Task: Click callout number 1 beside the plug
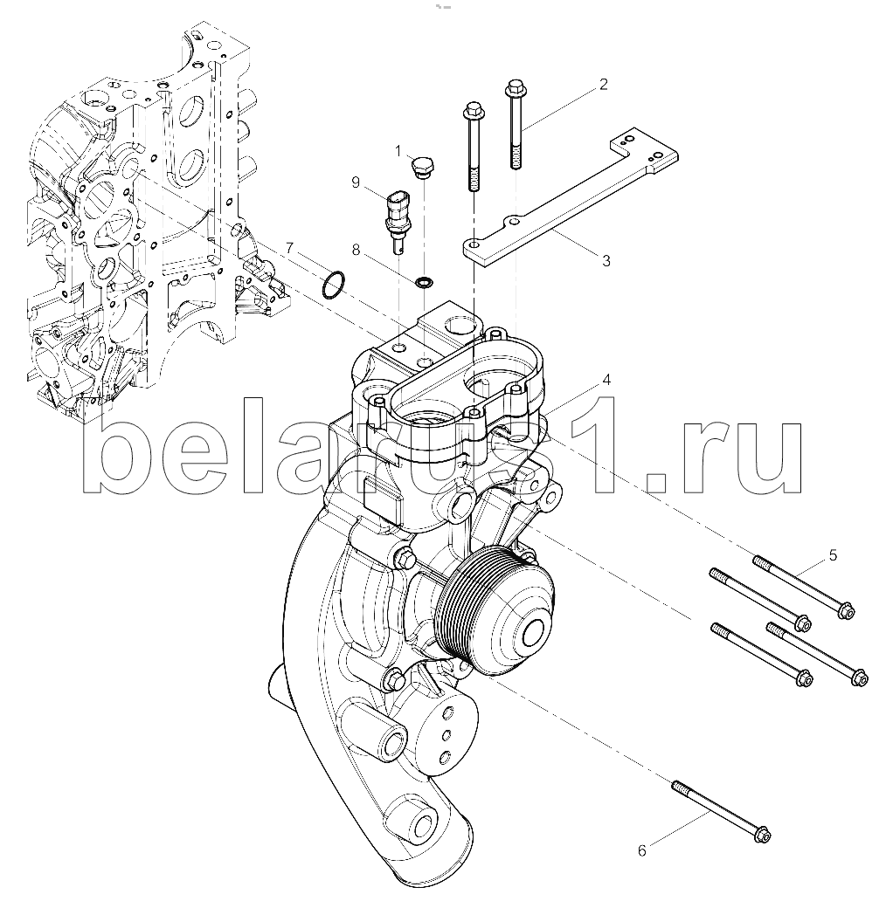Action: tap(398, 151)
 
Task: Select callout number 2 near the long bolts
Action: tap(603, 85)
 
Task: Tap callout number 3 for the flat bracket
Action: tap(606, 261)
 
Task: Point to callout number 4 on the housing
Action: tap(606, 380)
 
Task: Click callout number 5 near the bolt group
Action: tap(833, 556)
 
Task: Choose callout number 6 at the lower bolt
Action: tap(641, 850)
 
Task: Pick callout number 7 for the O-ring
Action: tap(290, 249)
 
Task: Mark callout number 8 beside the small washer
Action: tap(356, 250)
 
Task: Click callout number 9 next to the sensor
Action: tap(356, 183)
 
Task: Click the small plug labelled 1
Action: tap(422, 166)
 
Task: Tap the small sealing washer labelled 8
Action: tap(424, 283)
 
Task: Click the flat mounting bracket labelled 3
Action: tap(570, 202)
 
